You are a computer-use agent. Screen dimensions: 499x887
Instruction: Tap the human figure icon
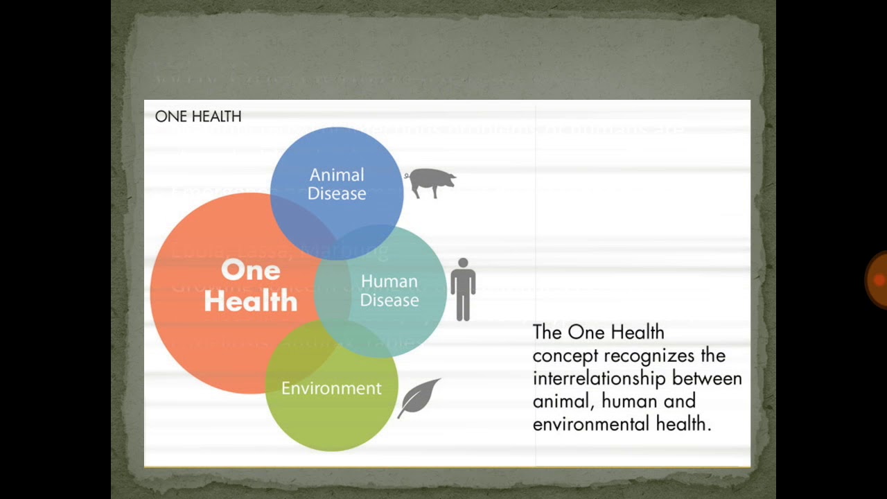click(x=463, y=290)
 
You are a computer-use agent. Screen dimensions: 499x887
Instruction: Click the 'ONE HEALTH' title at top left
click(x=198, y=116)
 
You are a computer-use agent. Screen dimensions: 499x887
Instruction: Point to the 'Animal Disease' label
click(x=337, y=184)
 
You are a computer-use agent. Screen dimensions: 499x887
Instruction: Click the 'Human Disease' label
click(x=389, y=291)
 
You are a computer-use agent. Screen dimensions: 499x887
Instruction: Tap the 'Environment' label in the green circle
click(x=331, y=389)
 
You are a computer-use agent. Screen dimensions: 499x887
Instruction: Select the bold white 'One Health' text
click(x=251, y=286)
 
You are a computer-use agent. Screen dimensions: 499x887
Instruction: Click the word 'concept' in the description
click(x=565, y=356)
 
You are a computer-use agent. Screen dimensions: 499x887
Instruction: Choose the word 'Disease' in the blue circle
click(x=337, y=194)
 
